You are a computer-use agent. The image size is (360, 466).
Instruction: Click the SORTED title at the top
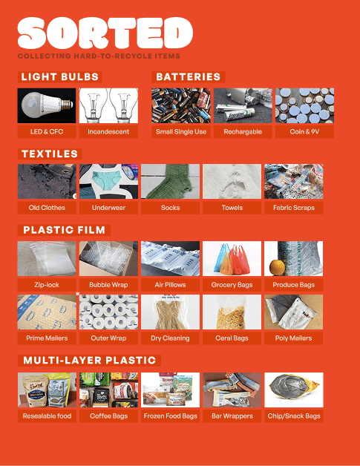pos(105,33)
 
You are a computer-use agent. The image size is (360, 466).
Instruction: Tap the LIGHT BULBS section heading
pos(59,76)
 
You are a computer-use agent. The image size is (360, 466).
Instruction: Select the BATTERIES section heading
pos(189,76)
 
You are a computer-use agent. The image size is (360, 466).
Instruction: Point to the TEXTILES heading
pos(50,154)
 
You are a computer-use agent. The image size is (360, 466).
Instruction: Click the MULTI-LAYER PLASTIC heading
pos(90,360)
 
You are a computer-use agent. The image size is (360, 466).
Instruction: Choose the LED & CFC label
pos(47,131)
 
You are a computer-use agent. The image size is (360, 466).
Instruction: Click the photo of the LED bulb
pos(47,105)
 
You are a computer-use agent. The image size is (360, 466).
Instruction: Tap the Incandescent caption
pos(108,131)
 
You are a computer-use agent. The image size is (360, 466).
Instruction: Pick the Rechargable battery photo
pos(243,105)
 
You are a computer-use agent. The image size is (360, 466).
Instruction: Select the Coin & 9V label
pos(304,131)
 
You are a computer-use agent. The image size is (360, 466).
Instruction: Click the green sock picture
pos(170,181)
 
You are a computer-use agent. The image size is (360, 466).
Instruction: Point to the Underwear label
pos(108,208)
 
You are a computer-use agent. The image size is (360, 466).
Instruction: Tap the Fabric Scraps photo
pos(294,181)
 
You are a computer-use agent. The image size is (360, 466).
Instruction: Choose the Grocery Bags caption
pos(232,285)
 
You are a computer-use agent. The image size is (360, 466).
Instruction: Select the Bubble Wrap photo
pos(108,258)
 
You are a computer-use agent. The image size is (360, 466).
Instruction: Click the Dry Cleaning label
pos(170,338)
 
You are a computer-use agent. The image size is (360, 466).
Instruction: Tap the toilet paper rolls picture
pos(108,312)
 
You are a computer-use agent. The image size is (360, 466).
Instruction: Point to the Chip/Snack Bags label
pos(294,416)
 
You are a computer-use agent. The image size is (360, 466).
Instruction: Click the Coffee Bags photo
pos(108,390)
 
